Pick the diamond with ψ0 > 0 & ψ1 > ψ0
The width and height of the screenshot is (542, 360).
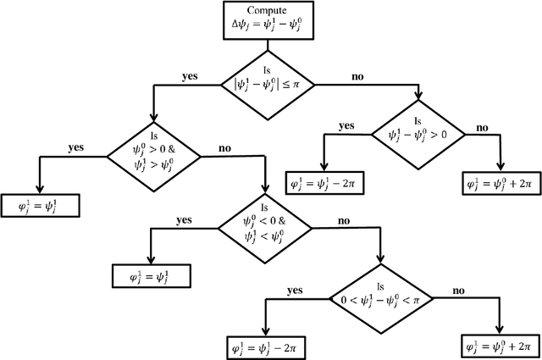coord(153,153)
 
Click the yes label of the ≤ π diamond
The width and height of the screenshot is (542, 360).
coord(190,75)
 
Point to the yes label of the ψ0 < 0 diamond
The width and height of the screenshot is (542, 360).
coord(184,219)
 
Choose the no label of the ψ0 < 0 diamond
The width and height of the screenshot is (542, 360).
coord(344,220)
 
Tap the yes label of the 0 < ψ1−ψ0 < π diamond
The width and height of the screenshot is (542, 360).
coord(295,291)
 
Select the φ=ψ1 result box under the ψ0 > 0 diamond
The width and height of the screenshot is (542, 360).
coord(40,203)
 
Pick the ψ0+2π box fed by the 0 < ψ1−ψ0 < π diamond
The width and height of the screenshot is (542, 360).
coord(501,347)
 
